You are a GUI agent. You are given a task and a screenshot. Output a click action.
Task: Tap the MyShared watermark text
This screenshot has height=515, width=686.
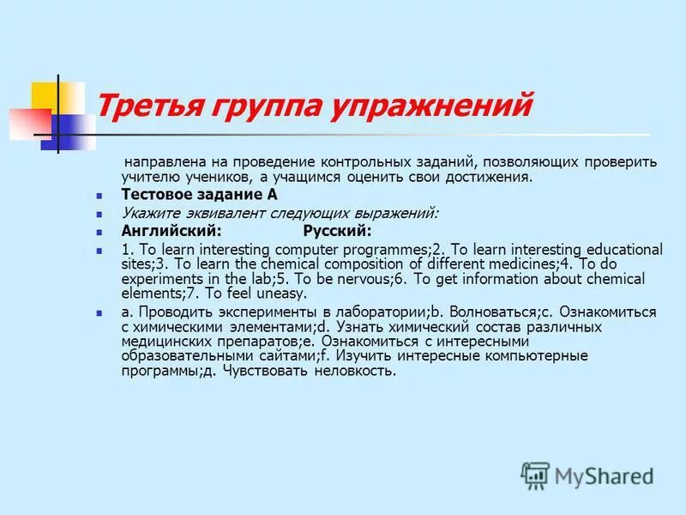(605, 476)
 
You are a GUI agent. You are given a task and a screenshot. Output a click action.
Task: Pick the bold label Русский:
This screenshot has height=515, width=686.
(337, 231)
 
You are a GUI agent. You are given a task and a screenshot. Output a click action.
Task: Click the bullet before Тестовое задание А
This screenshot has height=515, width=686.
(99, 196)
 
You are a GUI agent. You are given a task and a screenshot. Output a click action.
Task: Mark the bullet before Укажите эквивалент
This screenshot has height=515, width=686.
(99, 214)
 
